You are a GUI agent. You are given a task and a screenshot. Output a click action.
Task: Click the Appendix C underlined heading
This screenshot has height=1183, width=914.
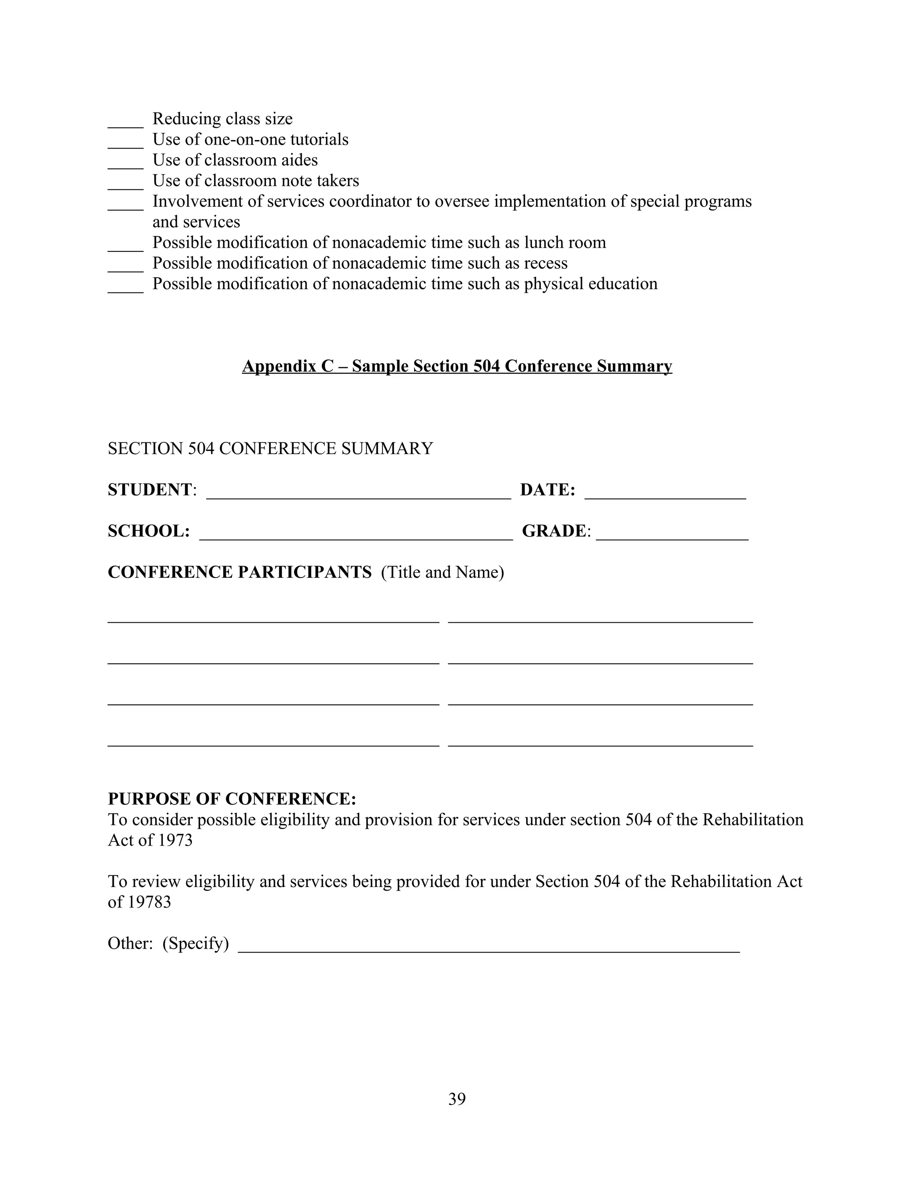[x=457, y=366]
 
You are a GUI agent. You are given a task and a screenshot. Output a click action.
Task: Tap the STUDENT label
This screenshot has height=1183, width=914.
[x=150, y=490]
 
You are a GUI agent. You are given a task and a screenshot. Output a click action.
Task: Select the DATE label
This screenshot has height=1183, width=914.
[x=547, y=490]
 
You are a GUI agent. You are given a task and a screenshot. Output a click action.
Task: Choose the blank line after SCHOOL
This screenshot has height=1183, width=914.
[x=356, y=535]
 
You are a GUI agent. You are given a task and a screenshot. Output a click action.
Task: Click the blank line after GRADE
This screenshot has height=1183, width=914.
[x=672, y=535]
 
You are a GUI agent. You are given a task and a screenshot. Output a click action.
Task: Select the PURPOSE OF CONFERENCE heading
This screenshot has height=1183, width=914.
[x=232, y=799]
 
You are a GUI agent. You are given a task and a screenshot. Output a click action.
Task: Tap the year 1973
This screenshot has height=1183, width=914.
[x=175, y=840]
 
